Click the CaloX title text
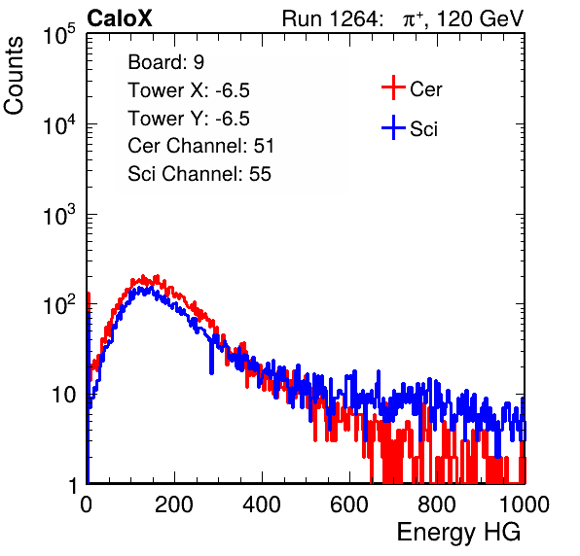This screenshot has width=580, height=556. tap(119, 18)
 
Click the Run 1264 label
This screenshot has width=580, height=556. tap(330, 18)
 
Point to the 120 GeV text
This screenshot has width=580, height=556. tap(481, 18)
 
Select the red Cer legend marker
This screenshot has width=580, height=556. tap(393, 87)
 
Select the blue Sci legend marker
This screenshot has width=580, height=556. tap(393, 127)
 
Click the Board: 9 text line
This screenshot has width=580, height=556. tap(165, 62)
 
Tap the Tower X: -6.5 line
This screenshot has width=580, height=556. tap(189, 90)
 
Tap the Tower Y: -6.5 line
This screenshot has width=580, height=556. tap(189, 119)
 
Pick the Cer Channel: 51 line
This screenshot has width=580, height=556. tap(200, 146)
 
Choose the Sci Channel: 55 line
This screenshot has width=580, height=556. tap(199, 174)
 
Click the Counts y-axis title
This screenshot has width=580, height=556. tap(14, 75)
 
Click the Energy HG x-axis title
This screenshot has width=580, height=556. tap(458, 533)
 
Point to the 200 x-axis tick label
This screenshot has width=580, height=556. tap(174, 504)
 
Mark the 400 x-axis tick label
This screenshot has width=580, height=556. tap(262, 504)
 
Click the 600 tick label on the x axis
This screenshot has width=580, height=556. tap(349, 504)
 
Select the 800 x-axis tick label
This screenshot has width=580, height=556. tap(437, 504)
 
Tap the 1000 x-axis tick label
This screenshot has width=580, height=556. tap(525, 504)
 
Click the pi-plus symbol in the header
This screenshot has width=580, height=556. tap(413, 18)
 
